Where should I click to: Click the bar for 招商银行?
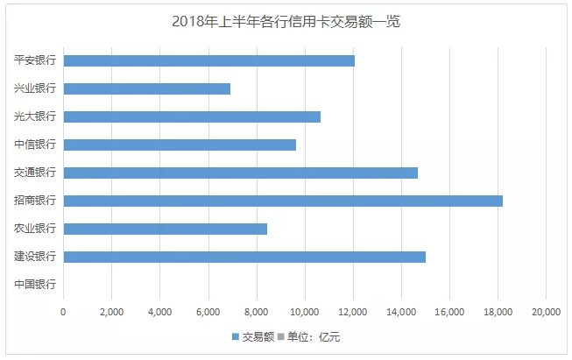coord(283,201)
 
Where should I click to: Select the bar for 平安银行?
coord(209,60)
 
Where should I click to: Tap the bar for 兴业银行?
coord(147,88)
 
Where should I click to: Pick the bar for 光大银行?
coord(192,116)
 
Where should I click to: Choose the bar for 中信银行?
coord(180,145)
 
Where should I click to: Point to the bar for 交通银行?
coord(241,173)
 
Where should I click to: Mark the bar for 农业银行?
coord(166,229)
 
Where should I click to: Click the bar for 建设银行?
coord(244,257)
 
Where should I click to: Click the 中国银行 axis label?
coord(35,285)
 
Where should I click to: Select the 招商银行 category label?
coord(35,201)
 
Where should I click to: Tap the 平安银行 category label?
coord(35,60)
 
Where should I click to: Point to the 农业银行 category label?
coord(35,229)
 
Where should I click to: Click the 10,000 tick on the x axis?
coord(305,311)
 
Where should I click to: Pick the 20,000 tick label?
coord(546,311)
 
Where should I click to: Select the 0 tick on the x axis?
coord(64,311)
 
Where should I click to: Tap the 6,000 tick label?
coord(208,311)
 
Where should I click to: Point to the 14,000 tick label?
coord(401,311)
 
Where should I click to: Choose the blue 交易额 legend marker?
coord(235,336)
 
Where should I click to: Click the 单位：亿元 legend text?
coord(314,336)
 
